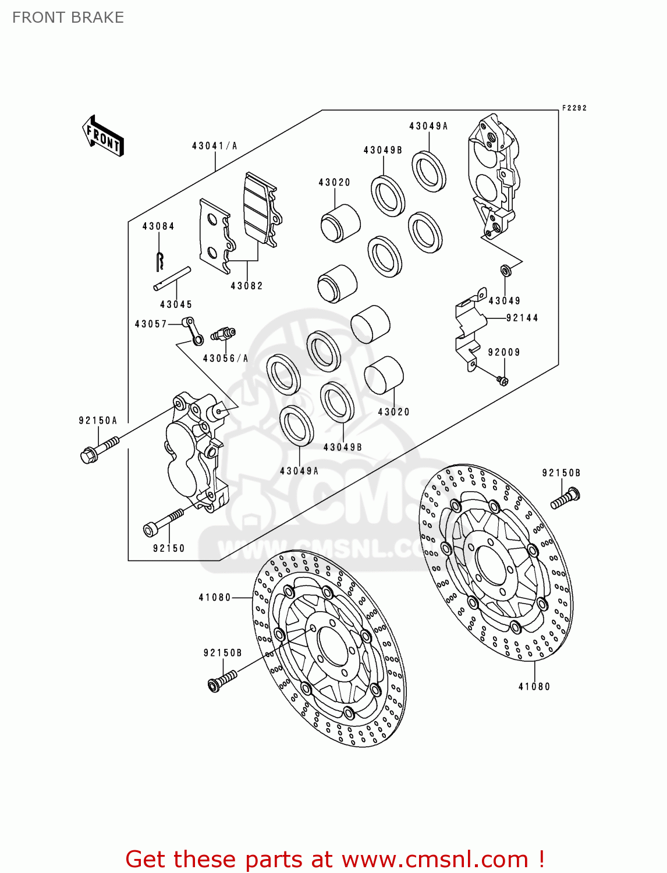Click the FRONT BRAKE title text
[68, 17]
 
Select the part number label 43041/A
[214, 146]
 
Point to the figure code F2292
[574, 108]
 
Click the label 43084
[158, 226]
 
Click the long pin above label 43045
[172, 278]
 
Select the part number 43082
[247, 286]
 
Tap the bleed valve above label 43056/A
[223, 335]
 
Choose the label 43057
[151, 324]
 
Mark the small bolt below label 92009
[502, 380]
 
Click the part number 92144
[522, 318]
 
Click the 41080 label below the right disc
[534, 687]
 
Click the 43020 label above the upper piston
[335, 183]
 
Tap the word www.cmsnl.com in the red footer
[434, 860]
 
